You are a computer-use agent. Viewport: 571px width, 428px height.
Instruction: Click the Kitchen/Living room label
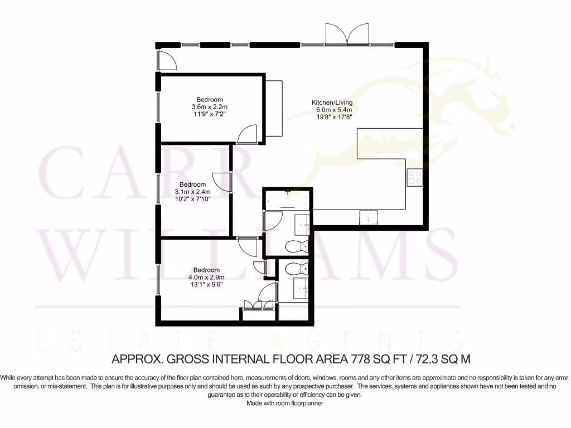point(332,103)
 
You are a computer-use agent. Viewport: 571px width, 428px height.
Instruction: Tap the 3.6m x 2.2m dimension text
point(210,106)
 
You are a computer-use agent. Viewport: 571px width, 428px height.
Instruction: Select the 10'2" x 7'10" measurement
point(192,199)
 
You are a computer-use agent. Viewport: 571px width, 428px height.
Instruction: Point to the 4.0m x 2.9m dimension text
point(206,277)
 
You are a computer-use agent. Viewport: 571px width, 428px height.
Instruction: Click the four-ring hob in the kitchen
point(414,177)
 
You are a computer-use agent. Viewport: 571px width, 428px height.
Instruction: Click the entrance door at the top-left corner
point(166,60)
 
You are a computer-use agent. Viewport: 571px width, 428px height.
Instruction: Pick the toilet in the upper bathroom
point(296,246)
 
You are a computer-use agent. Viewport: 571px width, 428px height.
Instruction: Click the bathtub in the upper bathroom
point(288,198)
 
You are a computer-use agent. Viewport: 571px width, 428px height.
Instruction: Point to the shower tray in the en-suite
point(294,310)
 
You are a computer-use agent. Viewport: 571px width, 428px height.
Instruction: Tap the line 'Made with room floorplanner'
point(285,403)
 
